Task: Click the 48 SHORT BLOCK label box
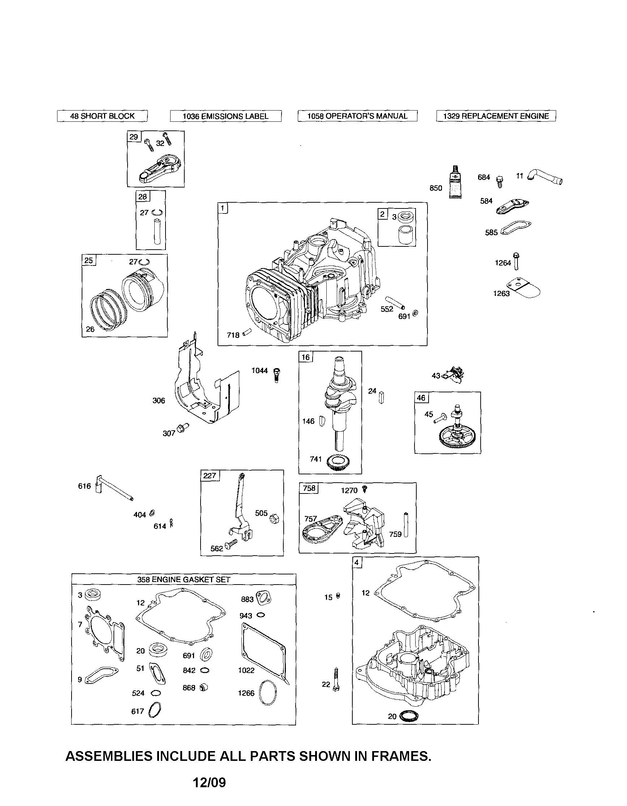pos(102,116)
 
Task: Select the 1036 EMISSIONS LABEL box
pos(225,116)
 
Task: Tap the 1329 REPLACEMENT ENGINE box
pos(495,116)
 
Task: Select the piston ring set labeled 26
pos(107,308)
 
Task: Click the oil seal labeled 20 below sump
pos(408,716)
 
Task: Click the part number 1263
pos(501,293)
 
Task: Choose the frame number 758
pos(309,488)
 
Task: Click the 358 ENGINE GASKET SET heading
pos(184,579)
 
